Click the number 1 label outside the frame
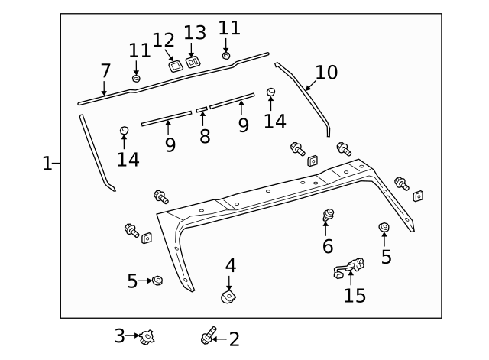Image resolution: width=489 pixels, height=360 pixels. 47,163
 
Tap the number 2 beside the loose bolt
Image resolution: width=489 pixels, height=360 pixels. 234,338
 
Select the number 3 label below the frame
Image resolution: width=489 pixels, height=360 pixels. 119,335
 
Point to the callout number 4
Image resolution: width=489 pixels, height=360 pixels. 230,266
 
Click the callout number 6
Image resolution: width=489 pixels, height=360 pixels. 328,245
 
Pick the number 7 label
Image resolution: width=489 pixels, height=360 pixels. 105,72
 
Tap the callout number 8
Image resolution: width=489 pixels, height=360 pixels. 204,136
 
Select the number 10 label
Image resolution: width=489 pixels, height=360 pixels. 326,73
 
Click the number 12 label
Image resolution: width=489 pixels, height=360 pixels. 164,40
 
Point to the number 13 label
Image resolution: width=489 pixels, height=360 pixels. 195,34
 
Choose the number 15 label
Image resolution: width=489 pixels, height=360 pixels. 355,294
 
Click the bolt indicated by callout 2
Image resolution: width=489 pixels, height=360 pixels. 207,336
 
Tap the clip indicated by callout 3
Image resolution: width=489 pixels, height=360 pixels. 147,335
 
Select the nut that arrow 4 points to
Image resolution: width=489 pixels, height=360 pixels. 228,295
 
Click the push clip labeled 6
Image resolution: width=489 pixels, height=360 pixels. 328,216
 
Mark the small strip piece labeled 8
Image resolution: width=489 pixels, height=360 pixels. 201,109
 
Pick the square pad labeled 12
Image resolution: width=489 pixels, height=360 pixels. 175,66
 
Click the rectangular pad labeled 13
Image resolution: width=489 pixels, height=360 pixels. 193,61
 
